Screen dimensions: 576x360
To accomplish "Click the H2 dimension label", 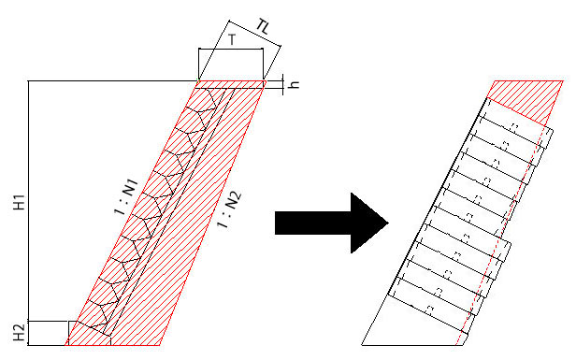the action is (20, 332).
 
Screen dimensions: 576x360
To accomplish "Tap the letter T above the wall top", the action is (232, 39).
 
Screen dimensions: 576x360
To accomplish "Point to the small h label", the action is (295, 84).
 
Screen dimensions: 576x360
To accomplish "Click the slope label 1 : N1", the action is (126, 196).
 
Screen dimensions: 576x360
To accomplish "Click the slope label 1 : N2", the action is (229, 209).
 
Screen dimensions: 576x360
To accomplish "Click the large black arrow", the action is (332, 223).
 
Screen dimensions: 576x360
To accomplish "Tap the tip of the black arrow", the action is (388, 223).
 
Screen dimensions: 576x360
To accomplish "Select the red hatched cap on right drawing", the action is (526, 100).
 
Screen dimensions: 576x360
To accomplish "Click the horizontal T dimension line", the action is (231, 49).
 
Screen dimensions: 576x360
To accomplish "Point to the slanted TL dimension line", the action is (255, 33).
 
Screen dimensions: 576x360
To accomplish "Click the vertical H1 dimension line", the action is (28, 201).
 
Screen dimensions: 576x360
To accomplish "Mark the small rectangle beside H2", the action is (49, 333).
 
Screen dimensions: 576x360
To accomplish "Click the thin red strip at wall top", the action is (230, 84).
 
